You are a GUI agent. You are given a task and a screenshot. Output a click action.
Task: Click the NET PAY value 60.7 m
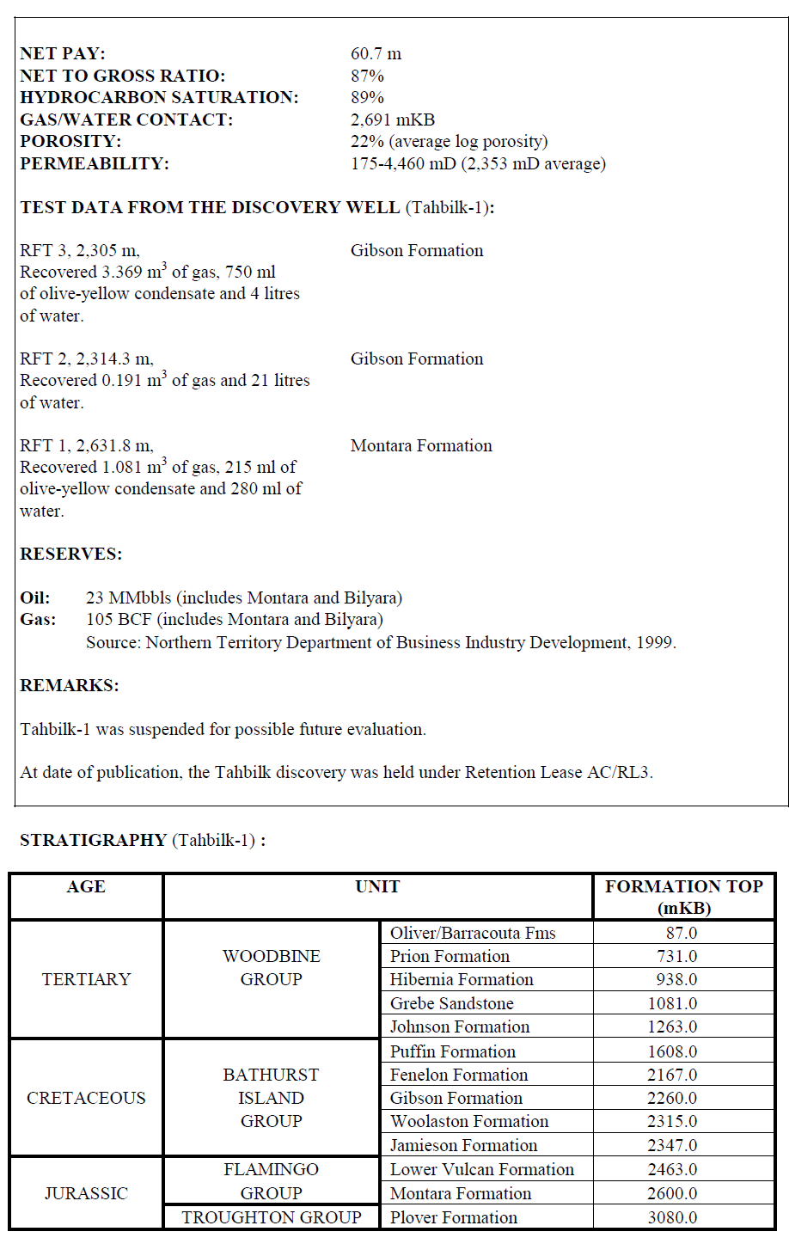pyautogui.click(x=376, y=54)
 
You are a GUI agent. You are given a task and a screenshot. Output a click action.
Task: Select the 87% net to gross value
pyautogui.click(x=367, y=77)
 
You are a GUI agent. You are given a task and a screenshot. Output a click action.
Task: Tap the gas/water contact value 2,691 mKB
pyautogui.click(x=393, y=120)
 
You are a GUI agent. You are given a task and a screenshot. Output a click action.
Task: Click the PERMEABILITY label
pyautogui.click(x=95, y=164)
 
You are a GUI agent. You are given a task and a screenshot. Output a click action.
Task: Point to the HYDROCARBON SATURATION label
pyautogui.click(x=159, y=98)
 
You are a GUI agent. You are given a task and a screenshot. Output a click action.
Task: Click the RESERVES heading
pyautogui.click(x=70, y=555)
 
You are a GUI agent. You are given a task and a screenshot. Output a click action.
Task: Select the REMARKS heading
pyautogui.click(x=70, y=686)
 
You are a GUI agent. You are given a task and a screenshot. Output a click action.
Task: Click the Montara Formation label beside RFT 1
pyautogui.click(x=421, y=446)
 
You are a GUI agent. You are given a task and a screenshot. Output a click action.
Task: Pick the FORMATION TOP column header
pyautogui.click(x=683, y=897)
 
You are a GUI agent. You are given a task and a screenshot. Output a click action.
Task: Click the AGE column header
pyautogui.click(x=86, y=887)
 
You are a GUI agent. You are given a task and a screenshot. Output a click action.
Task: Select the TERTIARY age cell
pyautogui.click(x=86, y=979)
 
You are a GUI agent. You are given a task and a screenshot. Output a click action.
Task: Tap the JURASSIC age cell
pyautogui.click(x=86, y=1193)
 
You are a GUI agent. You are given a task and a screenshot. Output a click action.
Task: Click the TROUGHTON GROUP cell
pyautogui.click(x=272, y=1217)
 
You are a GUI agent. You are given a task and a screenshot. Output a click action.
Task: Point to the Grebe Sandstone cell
pyautogui.click(x=452, y=1003)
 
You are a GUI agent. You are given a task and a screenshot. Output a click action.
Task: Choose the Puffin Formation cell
pyautogui.click(x=453, y=1051)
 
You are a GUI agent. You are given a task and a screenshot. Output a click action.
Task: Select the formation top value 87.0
pyautogui.click(x=681, y=933)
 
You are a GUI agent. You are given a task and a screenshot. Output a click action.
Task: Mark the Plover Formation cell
pyautogui.click(x=454, y=1217)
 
